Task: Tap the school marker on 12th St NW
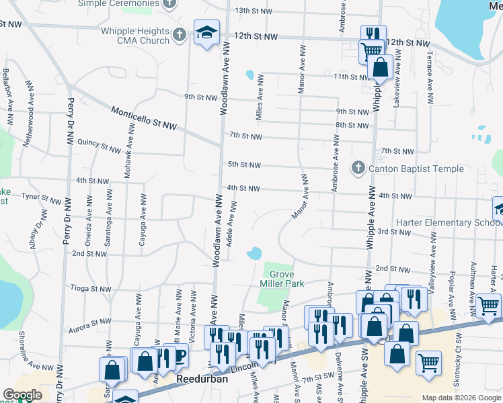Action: coord(206,32)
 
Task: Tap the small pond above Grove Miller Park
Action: coord(254,254)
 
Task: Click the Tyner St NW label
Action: coord(41,198)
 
